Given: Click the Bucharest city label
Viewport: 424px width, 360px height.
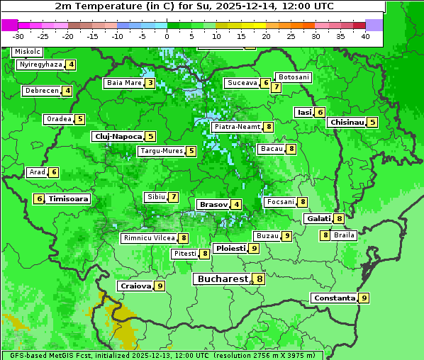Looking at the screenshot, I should [222, 279].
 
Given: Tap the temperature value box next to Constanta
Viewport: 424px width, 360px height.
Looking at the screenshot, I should [364, 298].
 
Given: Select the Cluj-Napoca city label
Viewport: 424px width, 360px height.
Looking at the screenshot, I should [117, 136].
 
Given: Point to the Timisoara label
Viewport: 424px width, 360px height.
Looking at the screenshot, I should [69, 199].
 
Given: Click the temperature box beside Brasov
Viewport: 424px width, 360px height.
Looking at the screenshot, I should [236, 205].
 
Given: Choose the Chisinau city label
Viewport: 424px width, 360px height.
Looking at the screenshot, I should [346, 123].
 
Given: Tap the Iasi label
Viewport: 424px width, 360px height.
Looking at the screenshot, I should [304, 112].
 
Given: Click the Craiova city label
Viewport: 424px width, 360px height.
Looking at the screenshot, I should [135, 286].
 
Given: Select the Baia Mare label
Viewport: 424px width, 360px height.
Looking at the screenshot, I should [123, 83].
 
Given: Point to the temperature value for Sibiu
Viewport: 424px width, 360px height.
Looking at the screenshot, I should [173, 197].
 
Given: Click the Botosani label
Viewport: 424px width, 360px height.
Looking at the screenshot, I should [293, 77].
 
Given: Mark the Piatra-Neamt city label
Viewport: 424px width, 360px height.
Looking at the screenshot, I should [236, 128].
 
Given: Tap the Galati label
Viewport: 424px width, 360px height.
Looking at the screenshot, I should [318, 219].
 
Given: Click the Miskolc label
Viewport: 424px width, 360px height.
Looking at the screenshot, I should [27, 52].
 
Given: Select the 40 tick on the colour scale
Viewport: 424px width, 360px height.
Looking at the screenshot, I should [365, 36].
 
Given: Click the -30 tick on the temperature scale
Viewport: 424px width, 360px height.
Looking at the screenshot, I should [18, 36].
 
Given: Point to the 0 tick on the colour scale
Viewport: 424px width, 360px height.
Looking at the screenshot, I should [167, 36].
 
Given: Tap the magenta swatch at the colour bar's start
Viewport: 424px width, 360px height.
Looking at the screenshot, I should [9, 25].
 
